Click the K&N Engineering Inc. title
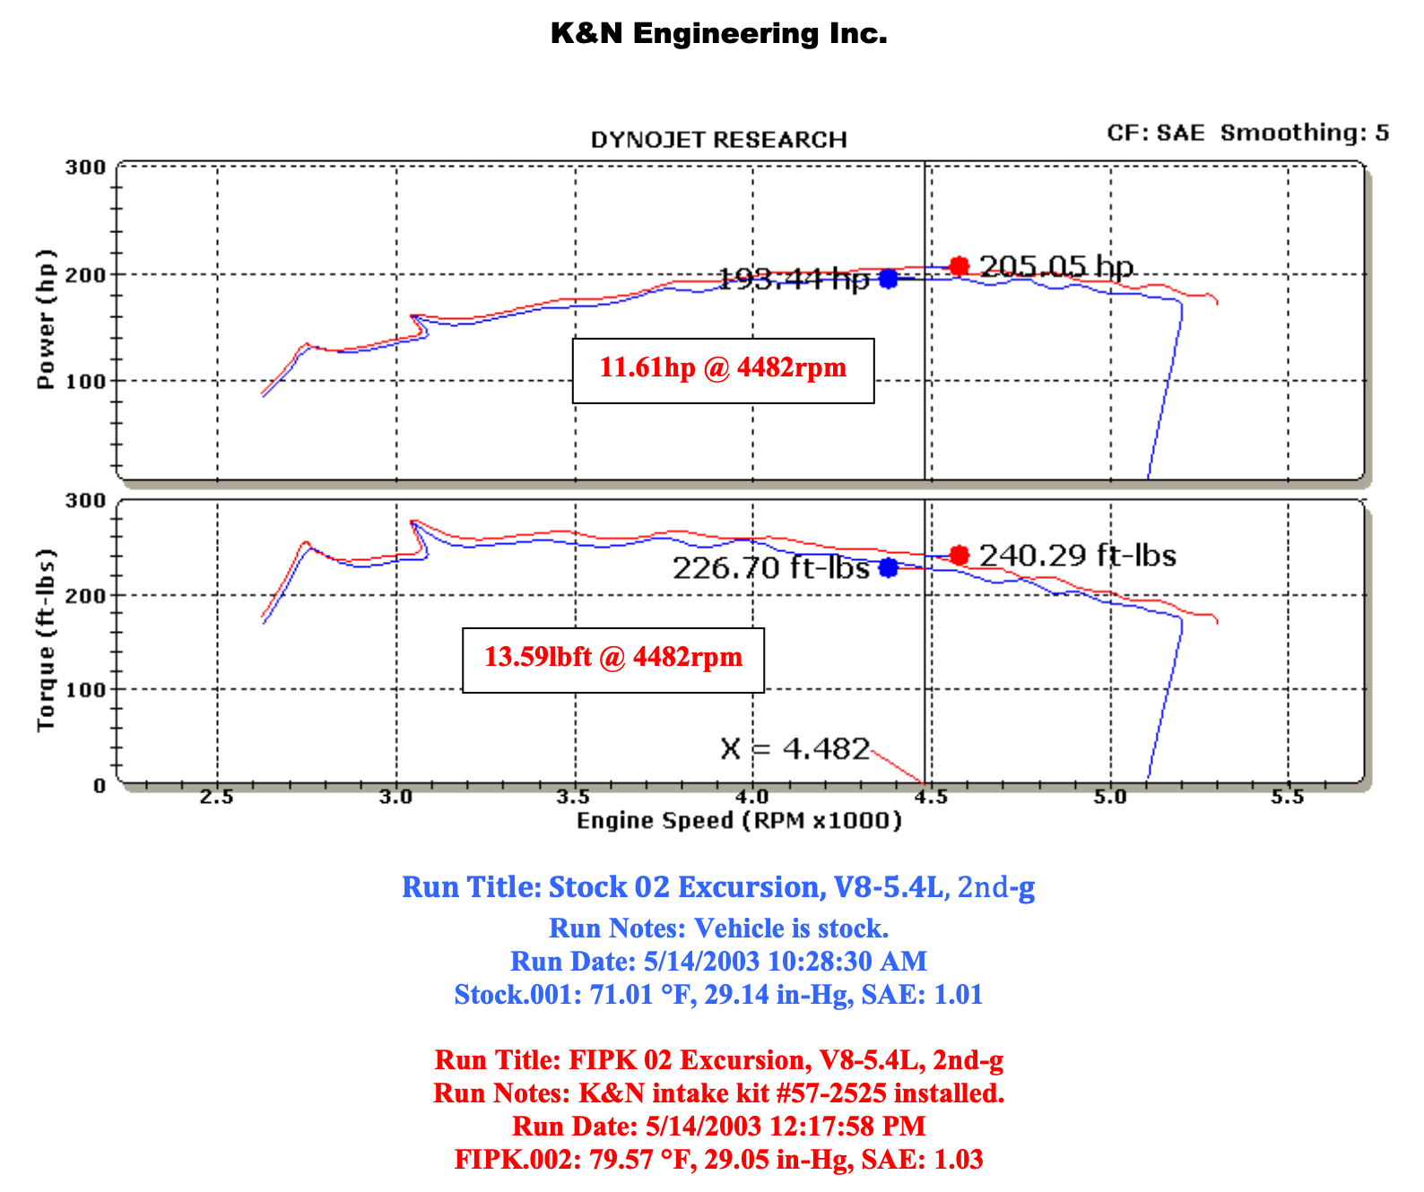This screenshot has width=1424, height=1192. click(718, 34)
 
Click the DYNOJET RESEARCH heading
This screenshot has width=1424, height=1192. click(718, 140)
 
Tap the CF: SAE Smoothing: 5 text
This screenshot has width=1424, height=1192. click(1247, 133)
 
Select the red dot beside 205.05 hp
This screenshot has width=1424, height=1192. click(959, 266)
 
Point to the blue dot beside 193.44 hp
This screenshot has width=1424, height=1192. click(889, 279)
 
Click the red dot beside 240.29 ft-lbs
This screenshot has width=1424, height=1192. click(959, 556)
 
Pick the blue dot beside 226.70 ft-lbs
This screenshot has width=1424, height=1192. click(889, 567)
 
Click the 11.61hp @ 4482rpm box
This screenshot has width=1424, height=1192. click(723, 369)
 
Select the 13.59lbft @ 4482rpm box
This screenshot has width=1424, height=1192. click(613, 659)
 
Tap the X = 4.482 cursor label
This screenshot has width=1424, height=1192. click(794, 748)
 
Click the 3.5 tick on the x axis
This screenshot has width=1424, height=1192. click(574, 797)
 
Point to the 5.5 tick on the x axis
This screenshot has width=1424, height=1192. click(1288, 797)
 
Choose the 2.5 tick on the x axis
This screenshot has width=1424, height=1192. click(217, 797)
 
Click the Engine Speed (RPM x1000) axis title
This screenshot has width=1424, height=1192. click(739, 820)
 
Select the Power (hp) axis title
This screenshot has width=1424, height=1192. click(46, 319)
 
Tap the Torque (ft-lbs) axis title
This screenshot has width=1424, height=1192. click(46, 640)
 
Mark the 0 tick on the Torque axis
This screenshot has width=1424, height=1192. click(100, 786)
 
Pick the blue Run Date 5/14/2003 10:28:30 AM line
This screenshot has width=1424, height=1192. click(718, 962)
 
